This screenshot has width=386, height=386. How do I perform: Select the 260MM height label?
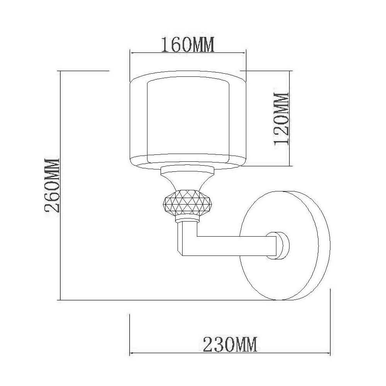pyautogui.click(x=52, y=185)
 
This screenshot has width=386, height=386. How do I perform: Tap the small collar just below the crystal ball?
pyautogui.click(x=187, y=219)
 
